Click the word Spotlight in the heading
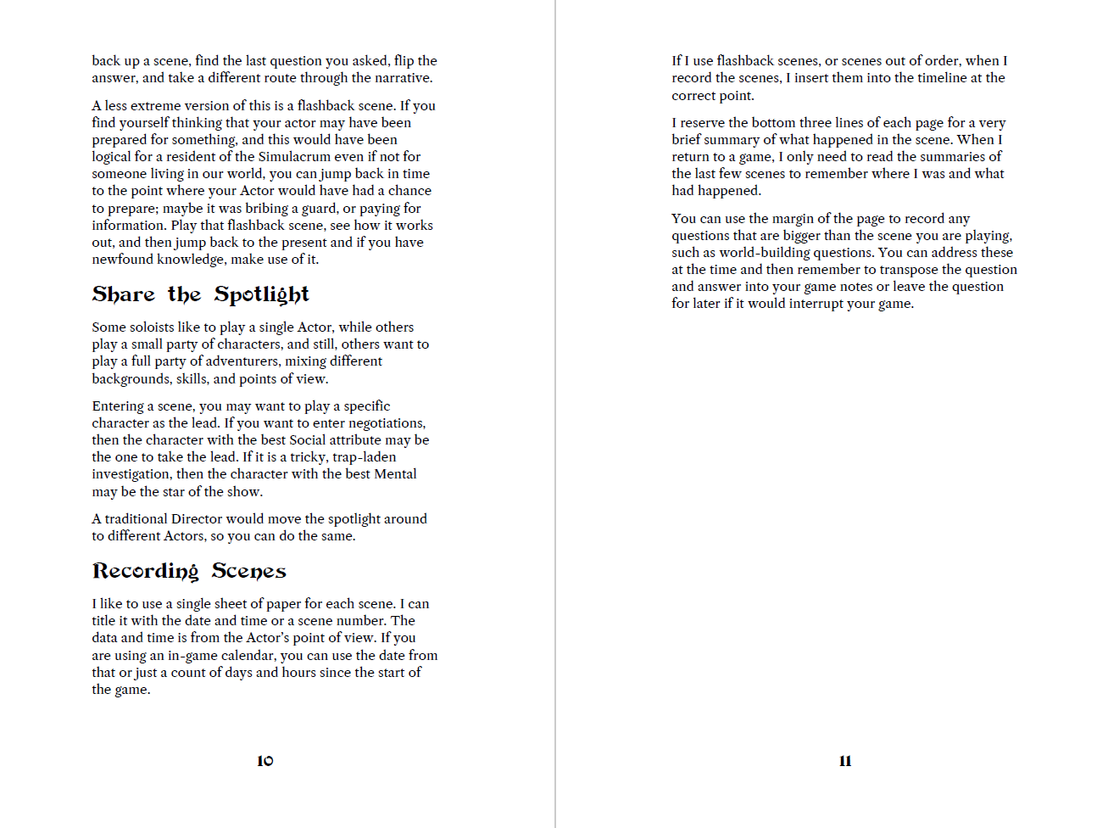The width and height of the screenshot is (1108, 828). click(x=261, y=294)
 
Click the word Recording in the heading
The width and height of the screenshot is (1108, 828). click(x=145, y=571)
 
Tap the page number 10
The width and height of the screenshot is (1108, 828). click(x=265, y=761)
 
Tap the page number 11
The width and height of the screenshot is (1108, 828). click(x=845, y=761)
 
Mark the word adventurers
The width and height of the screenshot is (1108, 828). click(x=243, y=361)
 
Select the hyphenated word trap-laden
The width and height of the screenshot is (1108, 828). click(x=365, y=457)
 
